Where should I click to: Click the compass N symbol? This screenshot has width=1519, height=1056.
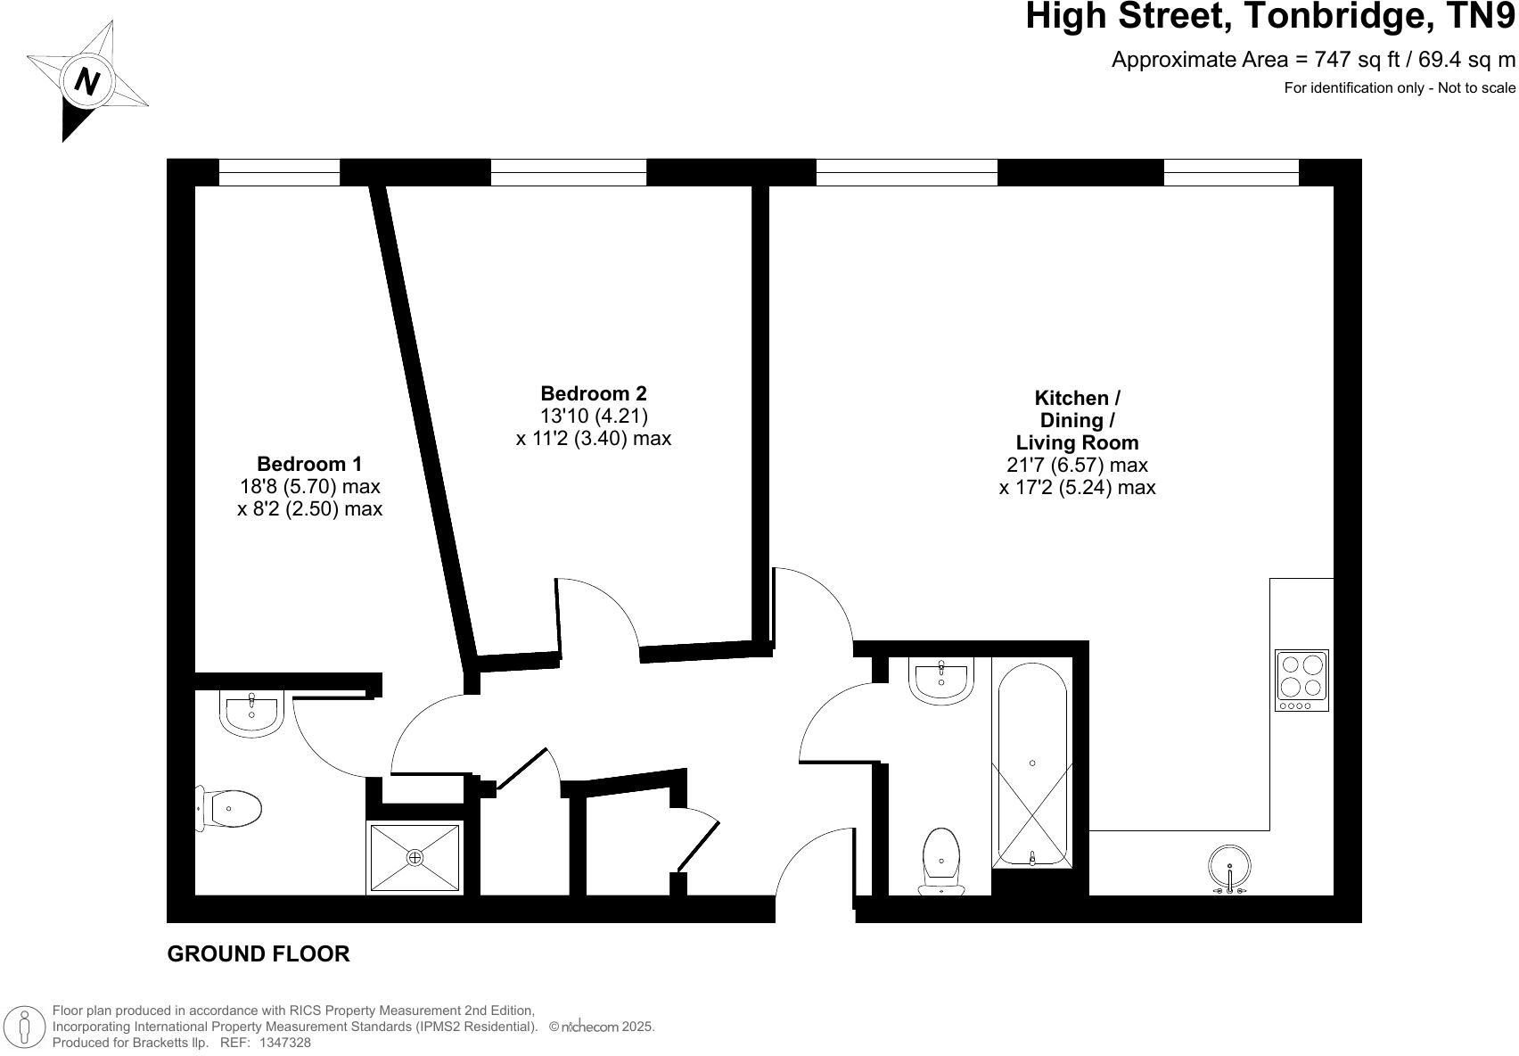[87, 81]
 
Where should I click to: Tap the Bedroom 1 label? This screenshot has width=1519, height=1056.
[309, 464]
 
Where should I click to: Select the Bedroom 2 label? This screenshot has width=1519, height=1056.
[594, 393]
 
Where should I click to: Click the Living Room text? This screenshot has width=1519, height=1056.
[1077, 442]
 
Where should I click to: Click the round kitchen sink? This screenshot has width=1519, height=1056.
[1229, 866]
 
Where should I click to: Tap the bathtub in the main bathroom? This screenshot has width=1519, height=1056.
[1031, 763]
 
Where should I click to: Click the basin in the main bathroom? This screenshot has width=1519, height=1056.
[941, 681]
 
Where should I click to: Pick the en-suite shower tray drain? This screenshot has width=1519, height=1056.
[415, 857]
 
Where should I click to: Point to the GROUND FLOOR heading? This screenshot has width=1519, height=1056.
[259, 953]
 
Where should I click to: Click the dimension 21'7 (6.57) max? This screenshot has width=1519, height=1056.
[1077, 465]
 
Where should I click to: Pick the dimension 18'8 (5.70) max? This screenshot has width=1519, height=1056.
[309, 486]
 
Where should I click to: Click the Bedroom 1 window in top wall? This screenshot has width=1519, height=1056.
[279, 172]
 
